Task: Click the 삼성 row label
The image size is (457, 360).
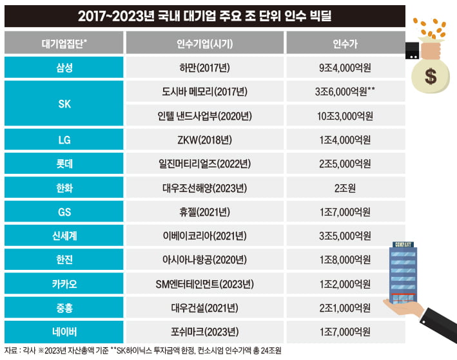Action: tap(64, 67)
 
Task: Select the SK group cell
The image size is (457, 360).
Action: tap(64, 103)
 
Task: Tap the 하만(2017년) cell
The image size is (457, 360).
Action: tap(205, 67)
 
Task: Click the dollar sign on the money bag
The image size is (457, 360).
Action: tap(431, 77)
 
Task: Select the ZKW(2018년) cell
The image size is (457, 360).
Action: tap(205, 140)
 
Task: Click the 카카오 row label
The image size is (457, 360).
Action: tap(64, 284)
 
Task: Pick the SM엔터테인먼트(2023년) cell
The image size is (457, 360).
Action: tap(205, 284)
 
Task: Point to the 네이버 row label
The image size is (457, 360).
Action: tap(64, 332)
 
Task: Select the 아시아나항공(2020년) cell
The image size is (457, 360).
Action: tap(205, 260)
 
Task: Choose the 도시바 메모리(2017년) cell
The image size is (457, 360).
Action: tap(205, 91)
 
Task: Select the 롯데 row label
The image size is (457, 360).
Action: tap(64, 164)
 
